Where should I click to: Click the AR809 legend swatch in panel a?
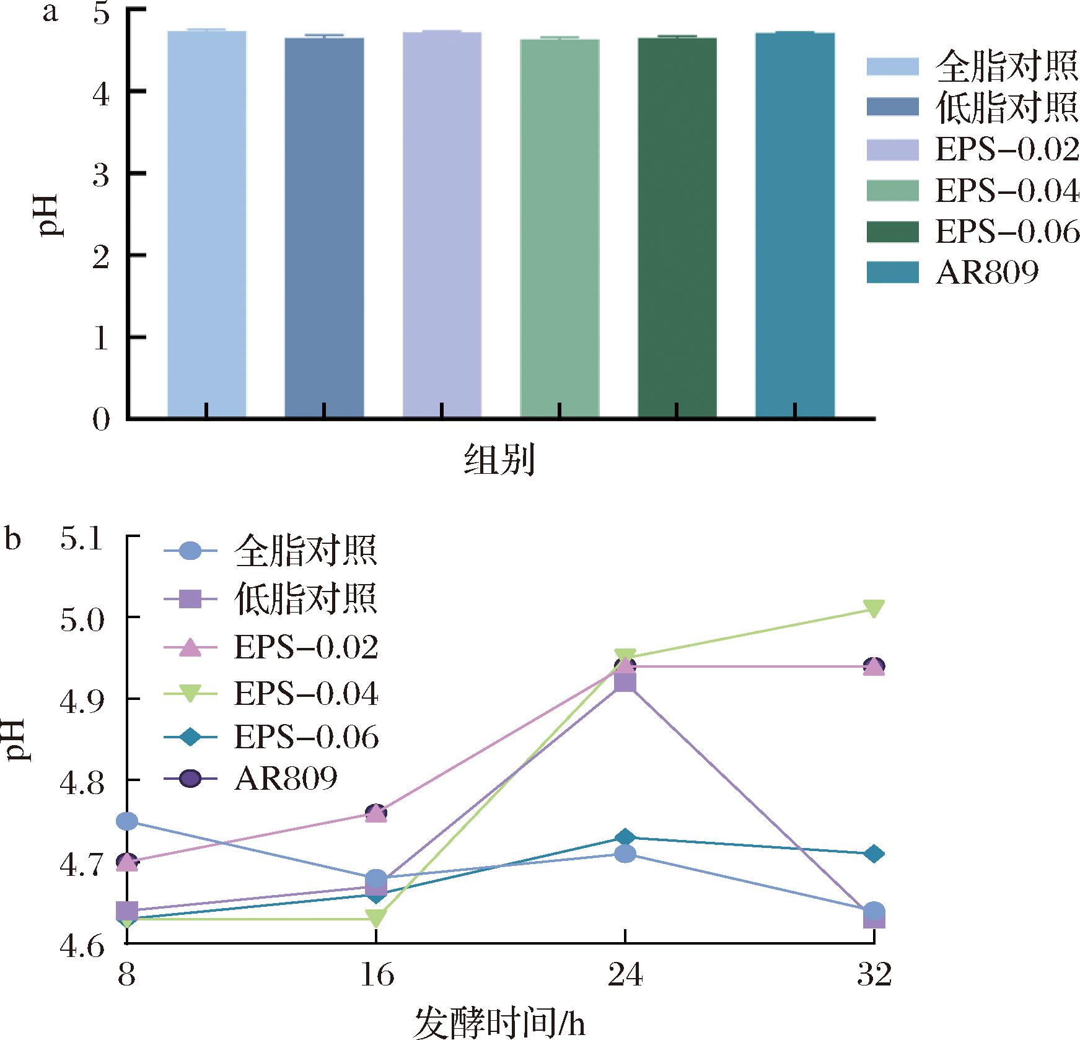coord(892,272)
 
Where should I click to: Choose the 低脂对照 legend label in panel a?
coord(1006,108)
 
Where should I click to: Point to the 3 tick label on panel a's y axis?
coord(101,174)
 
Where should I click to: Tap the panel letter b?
coord(13,538)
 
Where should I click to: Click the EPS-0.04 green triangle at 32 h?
coord(874,608)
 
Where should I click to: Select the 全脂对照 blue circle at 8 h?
coord(127,821)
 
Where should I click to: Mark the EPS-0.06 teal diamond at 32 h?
coord(874,854)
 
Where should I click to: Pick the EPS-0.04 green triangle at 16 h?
coord(376,918)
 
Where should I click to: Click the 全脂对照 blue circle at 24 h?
coord(625,854)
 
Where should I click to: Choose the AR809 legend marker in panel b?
coord(192,779)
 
